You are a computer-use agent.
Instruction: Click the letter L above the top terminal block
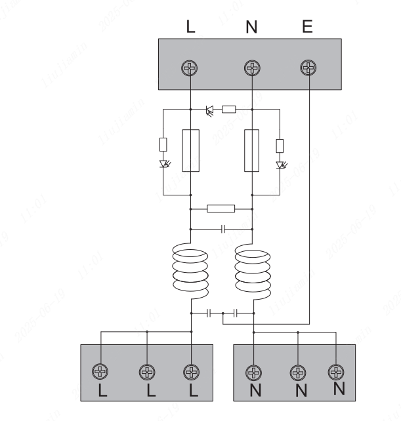click(190, 28)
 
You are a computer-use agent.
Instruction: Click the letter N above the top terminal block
click(251, 28)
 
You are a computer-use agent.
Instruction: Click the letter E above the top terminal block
click(308, 28)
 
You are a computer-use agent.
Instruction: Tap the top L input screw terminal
click(190, 68)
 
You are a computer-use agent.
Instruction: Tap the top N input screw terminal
click(250, 68)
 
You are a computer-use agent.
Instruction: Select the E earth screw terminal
click(308, 68)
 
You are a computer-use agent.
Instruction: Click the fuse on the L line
click(190, 151)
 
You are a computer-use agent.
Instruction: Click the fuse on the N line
click(251, 151)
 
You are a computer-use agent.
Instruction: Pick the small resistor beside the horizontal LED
click(229, 109)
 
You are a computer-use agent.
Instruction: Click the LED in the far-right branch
click(282, 164)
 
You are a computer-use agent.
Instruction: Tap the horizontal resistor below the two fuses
click(221, 209)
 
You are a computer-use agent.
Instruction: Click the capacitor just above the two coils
click(221, 229)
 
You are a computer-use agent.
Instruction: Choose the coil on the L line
click(190, 270)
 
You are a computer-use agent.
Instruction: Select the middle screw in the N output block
click(298, 372)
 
